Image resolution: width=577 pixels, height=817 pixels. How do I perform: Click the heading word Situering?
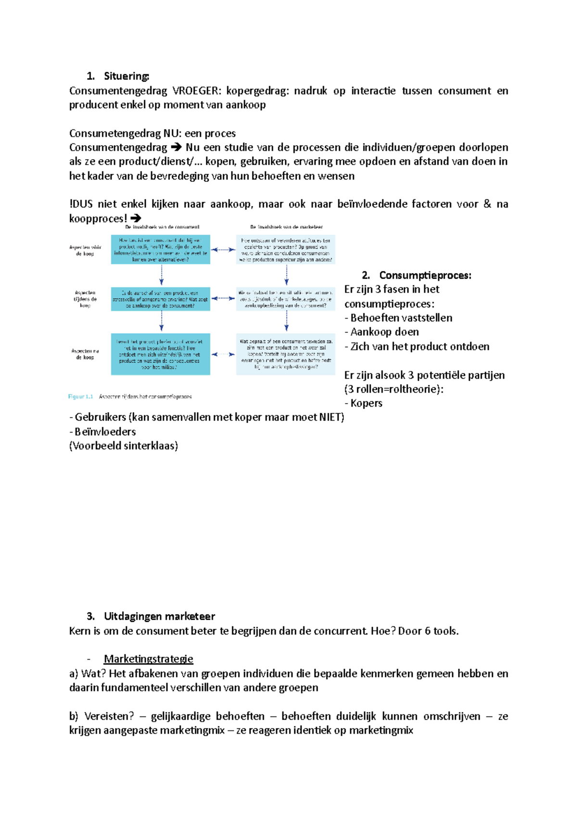click(x=126, y=76)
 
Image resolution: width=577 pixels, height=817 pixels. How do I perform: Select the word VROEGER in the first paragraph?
click(x=195, y=91)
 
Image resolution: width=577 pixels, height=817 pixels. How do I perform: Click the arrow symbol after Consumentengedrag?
click(x=176, y=148)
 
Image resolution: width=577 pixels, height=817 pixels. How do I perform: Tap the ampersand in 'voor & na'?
click(x=487, y=204)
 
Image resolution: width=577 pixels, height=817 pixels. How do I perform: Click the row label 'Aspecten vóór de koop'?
click(x=85, y=250)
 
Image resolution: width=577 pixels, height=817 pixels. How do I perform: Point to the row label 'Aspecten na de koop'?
click(x=85, y=354)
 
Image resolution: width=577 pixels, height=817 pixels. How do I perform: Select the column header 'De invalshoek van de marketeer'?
click(x=286, y=227)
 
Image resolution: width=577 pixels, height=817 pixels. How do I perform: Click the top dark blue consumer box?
click(x=161, y=249)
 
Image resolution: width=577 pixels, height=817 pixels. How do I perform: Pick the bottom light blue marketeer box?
click(x=286, y=354)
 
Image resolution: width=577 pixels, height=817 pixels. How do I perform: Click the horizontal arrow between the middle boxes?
click(x=223, y=298)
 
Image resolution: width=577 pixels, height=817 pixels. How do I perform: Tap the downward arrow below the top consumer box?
click(x=162, y=275)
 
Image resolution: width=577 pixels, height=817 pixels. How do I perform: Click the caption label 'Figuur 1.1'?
click(x=80, y=397)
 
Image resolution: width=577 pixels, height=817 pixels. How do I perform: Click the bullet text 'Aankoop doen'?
click(x=384, y=332)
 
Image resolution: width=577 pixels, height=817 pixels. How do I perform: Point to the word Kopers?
click(x=366, y=403)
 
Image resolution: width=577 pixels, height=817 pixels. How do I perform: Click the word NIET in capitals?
click(x=330, y=417)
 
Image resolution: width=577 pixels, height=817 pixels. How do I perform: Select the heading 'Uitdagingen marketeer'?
click(x=159, y=616)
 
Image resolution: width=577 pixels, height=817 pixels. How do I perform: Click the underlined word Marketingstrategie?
click(x=149, y=659)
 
